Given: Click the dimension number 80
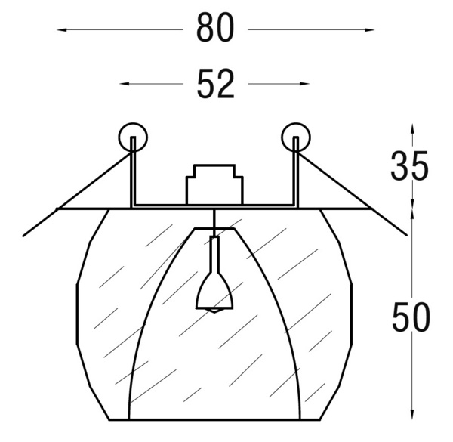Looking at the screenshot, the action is (x=215, y=28).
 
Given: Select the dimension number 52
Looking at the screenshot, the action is (x=215, y=84).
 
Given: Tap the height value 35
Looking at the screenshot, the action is (x=409, y=165).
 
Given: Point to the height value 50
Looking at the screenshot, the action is (x=411, y=317).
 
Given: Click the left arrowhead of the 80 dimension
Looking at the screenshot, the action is (x=62, y=29).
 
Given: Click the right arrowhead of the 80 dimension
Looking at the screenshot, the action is (x=369, y=29).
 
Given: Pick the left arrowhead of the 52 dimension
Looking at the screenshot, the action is (x=125, y=84).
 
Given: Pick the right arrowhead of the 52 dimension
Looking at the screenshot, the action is (x=304, y=84).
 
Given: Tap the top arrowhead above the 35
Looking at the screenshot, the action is (x=412, y=129).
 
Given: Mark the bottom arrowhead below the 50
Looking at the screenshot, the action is (x=412, y=414).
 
